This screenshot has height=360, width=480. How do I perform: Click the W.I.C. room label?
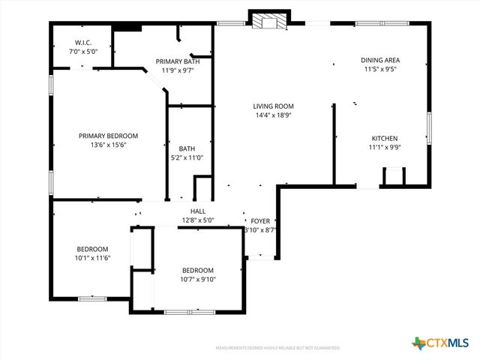click(x=82, y=43)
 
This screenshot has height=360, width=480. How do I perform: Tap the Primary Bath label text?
click(x=177, y=61)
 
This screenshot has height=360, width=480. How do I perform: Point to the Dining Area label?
click(x=379, y=60)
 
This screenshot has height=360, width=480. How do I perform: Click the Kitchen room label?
click(x=384, y=138)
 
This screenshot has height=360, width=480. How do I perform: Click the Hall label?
click(x=198, y=211)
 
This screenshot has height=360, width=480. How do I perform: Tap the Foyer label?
click(x=260, y=221)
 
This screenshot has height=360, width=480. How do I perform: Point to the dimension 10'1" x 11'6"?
click(x=92, y=258)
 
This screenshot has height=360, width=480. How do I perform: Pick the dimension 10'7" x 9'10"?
click(x=198, y=279)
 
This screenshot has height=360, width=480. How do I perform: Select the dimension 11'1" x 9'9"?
click(x=384, y=147)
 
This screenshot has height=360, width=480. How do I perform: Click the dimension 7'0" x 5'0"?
click(x=82, y=52)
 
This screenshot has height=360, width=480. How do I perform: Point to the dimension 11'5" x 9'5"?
click(x=379, y=69)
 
